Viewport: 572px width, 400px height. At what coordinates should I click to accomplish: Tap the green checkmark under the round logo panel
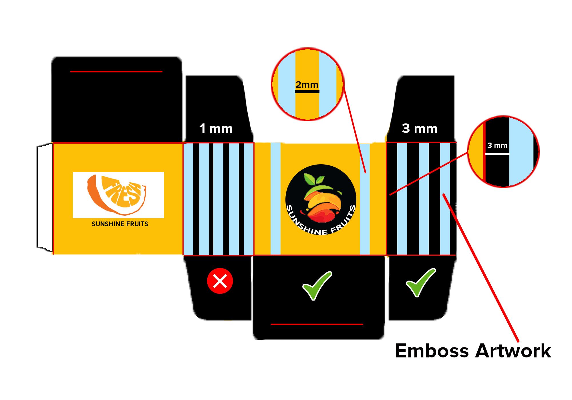coord(317,286)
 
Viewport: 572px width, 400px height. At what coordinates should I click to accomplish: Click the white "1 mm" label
coord(216,129)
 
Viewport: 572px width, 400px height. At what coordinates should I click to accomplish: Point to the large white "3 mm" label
coord(420,129)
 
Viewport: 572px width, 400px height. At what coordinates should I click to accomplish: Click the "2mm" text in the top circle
coord(307,85)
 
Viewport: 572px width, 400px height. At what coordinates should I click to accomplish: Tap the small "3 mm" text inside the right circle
coord(497,145)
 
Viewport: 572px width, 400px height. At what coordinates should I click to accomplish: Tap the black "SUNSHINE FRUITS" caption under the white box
coord(120,224)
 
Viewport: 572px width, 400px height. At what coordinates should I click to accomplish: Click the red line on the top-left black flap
coord(116,71)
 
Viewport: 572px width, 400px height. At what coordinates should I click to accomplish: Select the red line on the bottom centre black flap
coord(317,324)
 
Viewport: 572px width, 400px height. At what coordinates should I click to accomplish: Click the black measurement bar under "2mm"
coord(307,92)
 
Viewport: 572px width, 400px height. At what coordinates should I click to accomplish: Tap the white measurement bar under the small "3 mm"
coord(497,154)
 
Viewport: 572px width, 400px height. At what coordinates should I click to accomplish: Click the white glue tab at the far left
coord(45,198)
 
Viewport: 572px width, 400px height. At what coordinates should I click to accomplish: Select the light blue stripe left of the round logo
coord(275,199)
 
